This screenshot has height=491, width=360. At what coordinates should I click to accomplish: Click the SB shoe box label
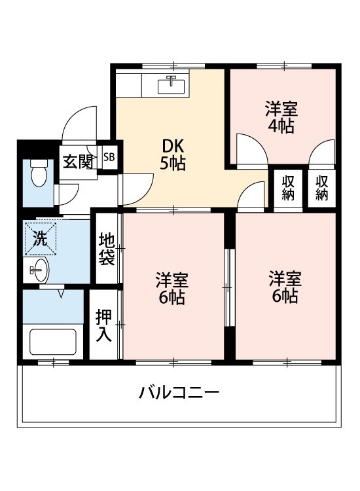(109, 157)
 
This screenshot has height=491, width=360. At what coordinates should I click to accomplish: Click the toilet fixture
(40, 173)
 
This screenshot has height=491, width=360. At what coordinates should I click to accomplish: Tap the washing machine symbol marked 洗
(40, 239)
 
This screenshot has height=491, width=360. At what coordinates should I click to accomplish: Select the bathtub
(53, 341)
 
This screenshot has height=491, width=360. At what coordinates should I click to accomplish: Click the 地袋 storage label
(107, 249)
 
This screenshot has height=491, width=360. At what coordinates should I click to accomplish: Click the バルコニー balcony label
(179, 393)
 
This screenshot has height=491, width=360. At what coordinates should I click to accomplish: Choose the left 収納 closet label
(288, 187)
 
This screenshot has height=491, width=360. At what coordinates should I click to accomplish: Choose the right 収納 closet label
(322, 187)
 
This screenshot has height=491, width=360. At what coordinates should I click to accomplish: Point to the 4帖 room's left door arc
(251, 149)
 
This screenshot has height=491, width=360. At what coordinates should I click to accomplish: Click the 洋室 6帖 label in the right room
(285, 287)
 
